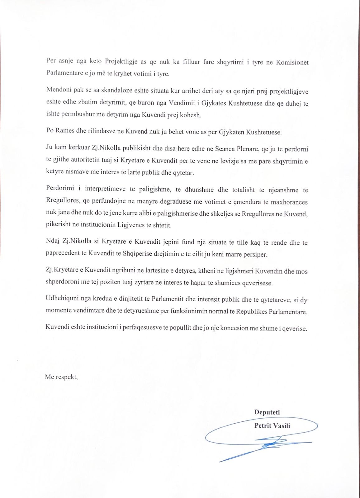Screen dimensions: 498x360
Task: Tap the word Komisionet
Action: (x=292, y=62)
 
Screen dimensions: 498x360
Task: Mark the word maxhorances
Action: (x=289, y=202)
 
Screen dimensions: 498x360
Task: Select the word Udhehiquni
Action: (x=60, y=299)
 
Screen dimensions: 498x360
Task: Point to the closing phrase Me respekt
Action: (x=61, y=377)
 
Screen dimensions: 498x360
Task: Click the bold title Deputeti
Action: (x=267, y=412)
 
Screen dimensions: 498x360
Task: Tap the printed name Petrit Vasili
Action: (x=272, y=425)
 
